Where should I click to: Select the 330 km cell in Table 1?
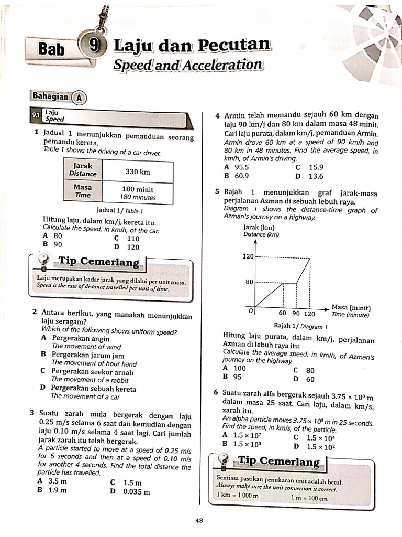[138, 171]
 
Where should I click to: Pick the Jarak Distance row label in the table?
[83, 170]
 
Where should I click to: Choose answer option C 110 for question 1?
[127, 239]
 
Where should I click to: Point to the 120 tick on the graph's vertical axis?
[248, 257]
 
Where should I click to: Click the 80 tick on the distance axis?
[249, 282]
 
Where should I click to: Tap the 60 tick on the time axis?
[283, 313]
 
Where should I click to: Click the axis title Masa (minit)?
[351, 308]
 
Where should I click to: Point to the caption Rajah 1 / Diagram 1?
[298, 326]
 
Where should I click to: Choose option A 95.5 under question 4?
[236, 168]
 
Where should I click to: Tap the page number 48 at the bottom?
[199, 520]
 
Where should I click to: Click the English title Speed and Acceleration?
[187, 65]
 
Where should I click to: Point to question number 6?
[216, 392]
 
